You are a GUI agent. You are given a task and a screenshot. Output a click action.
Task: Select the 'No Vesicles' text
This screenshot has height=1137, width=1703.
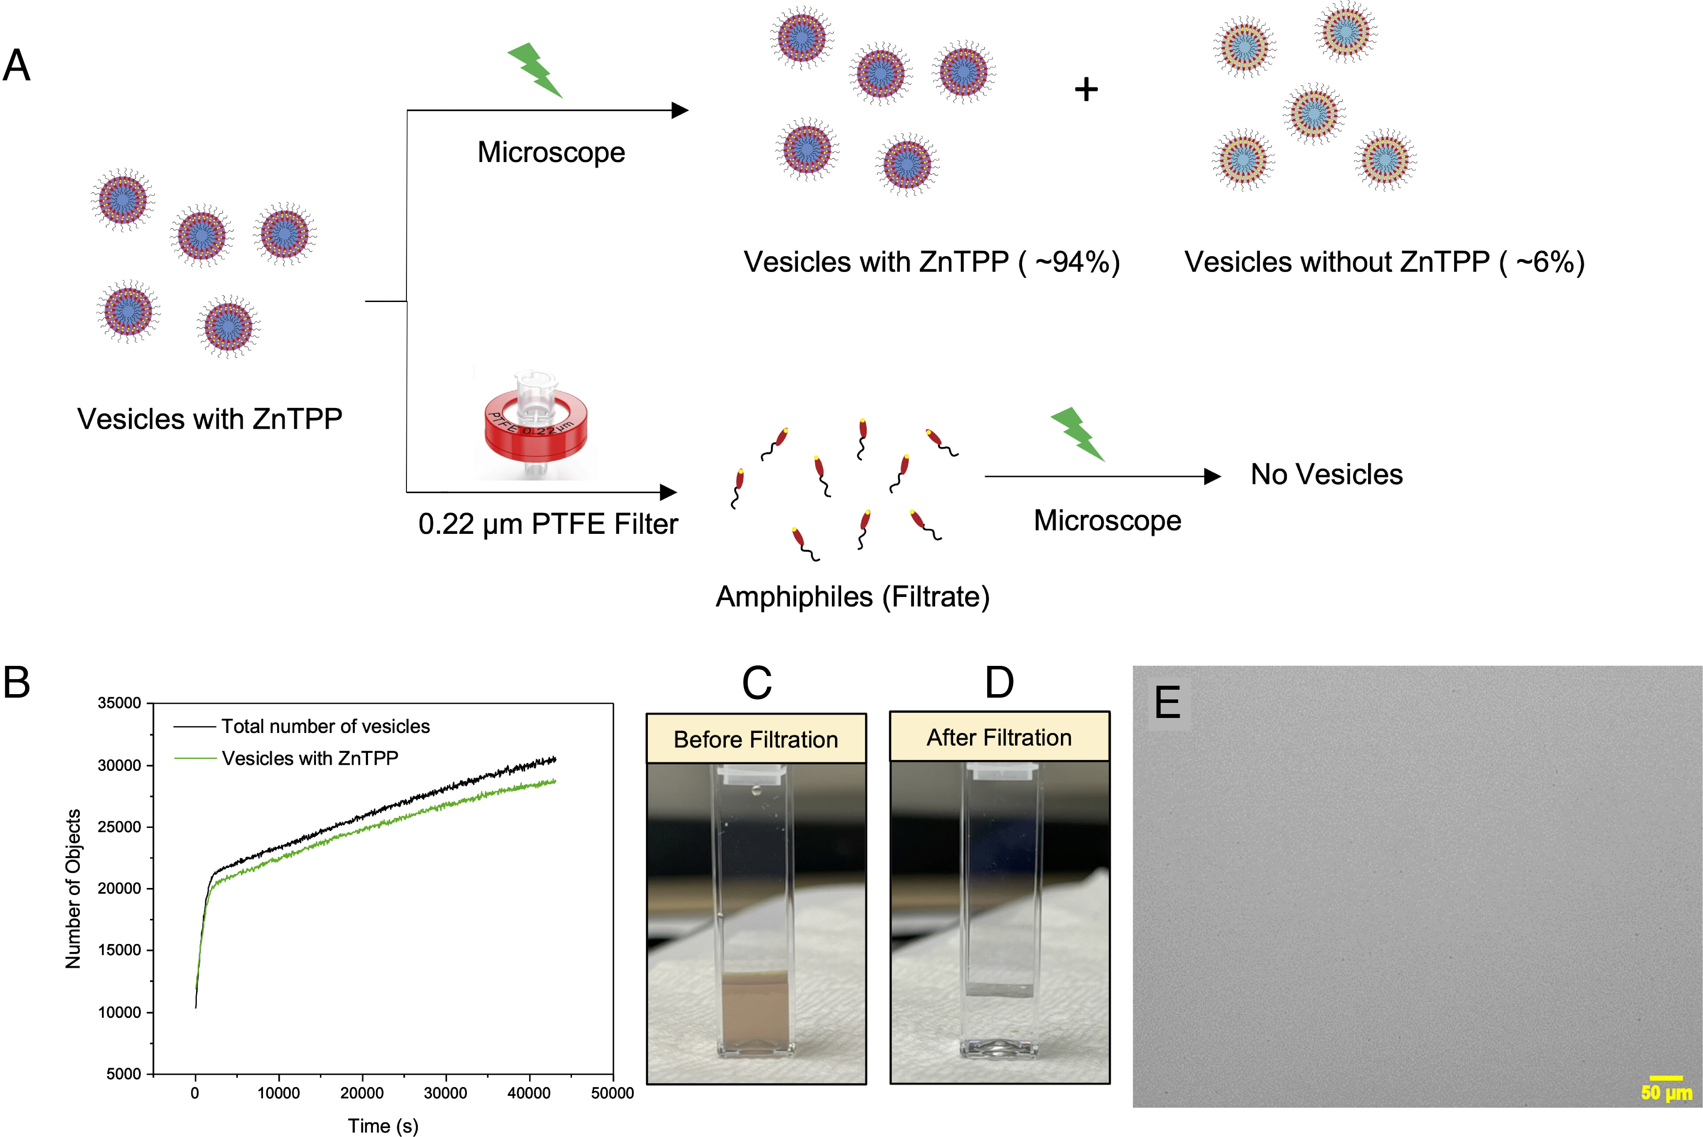(x=1326, y=474)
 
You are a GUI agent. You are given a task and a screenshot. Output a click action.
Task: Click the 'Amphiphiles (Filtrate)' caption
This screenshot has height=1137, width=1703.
(x=852, y=597)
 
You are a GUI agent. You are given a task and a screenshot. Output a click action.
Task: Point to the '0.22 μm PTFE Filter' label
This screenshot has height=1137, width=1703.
(x=548, y=524)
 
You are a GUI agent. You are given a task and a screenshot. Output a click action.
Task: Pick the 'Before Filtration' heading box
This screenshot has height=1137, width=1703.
(x=756, y=739)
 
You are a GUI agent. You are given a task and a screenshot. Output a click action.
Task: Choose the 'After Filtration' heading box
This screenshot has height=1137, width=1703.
(x=999, y=737)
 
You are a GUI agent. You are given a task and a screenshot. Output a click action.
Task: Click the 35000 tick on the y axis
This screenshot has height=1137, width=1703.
(x=120, y=703)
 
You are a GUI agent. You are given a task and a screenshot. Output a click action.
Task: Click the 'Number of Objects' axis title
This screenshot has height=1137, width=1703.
(x=73, y=888)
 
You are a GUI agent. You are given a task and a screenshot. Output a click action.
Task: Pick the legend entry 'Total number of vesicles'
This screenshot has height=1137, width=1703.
(x=301, y=726)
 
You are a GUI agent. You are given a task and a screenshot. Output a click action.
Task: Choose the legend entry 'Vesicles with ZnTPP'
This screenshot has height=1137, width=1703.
(x=286, y=758)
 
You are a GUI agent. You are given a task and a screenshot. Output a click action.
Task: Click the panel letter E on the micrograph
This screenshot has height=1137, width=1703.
(x=1167, y=702)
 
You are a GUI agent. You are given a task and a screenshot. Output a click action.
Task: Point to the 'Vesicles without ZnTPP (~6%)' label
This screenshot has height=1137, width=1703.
(x=1384, y=262)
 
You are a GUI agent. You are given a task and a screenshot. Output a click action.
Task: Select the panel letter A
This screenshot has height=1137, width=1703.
(x=17, y=65)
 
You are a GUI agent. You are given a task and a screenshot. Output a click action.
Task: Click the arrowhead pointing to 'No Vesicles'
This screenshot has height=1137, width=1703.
(x=1212, y=476)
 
